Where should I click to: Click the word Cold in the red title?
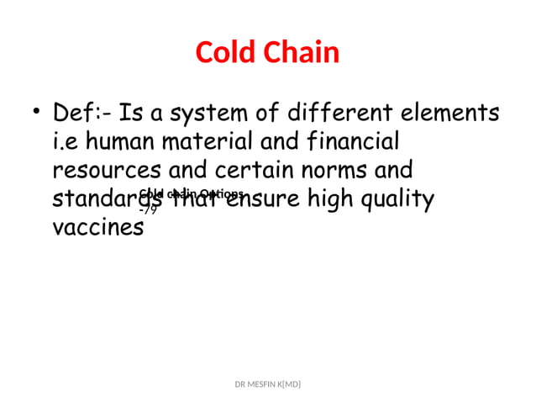click(223, 53)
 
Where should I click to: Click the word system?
click(202, 113)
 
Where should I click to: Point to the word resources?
click(107, 171)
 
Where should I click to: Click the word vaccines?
click(97, 229)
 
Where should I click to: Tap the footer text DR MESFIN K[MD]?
click(268, 384)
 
